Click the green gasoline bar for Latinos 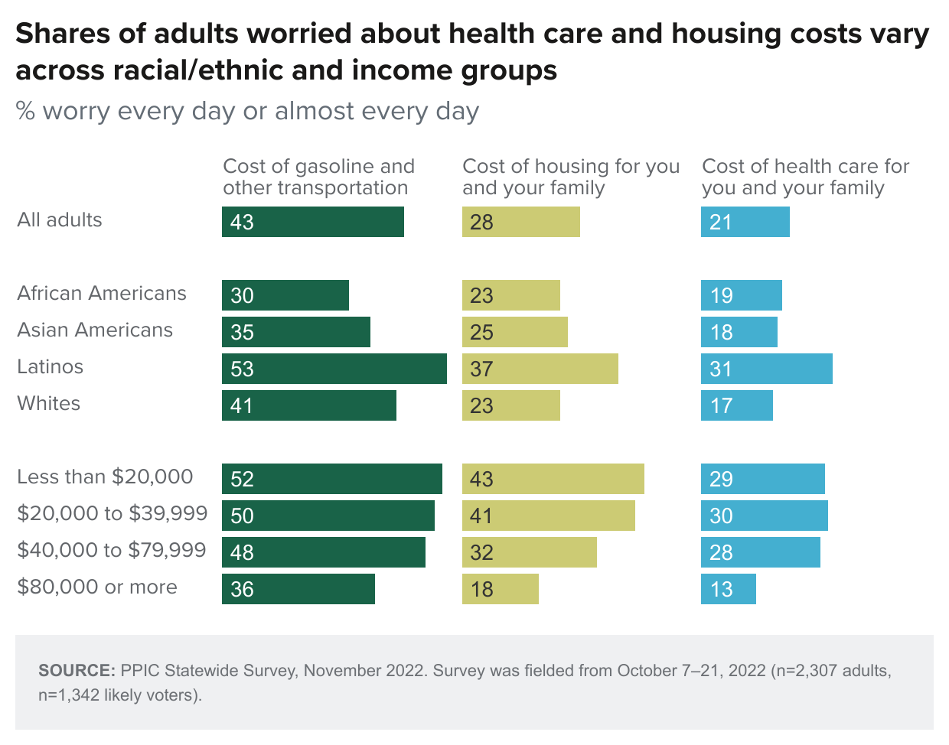pos(334,369)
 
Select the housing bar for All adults pos(520,222)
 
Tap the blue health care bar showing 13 pos(728,589)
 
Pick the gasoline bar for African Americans pos(285,295)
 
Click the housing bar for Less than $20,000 pos(553,479)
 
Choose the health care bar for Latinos pos(766,369)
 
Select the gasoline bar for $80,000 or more pos(298,589)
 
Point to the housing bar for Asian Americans pos(514,332)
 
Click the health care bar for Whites pos(736,405)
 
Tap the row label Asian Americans pos(95,330)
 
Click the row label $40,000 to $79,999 pos(112,551)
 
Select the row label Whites pos(49,404)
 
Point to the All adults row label pos(60,220)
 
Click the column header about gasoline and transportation pos(318,177)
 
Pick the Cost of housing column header pos(571,177)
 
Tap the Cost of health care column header pos(805,177)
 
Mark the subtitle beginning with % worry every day pos(247,112)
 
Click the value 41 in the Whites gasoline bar pos(242,406)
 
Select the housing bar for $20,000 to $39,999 pos(548,516)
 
